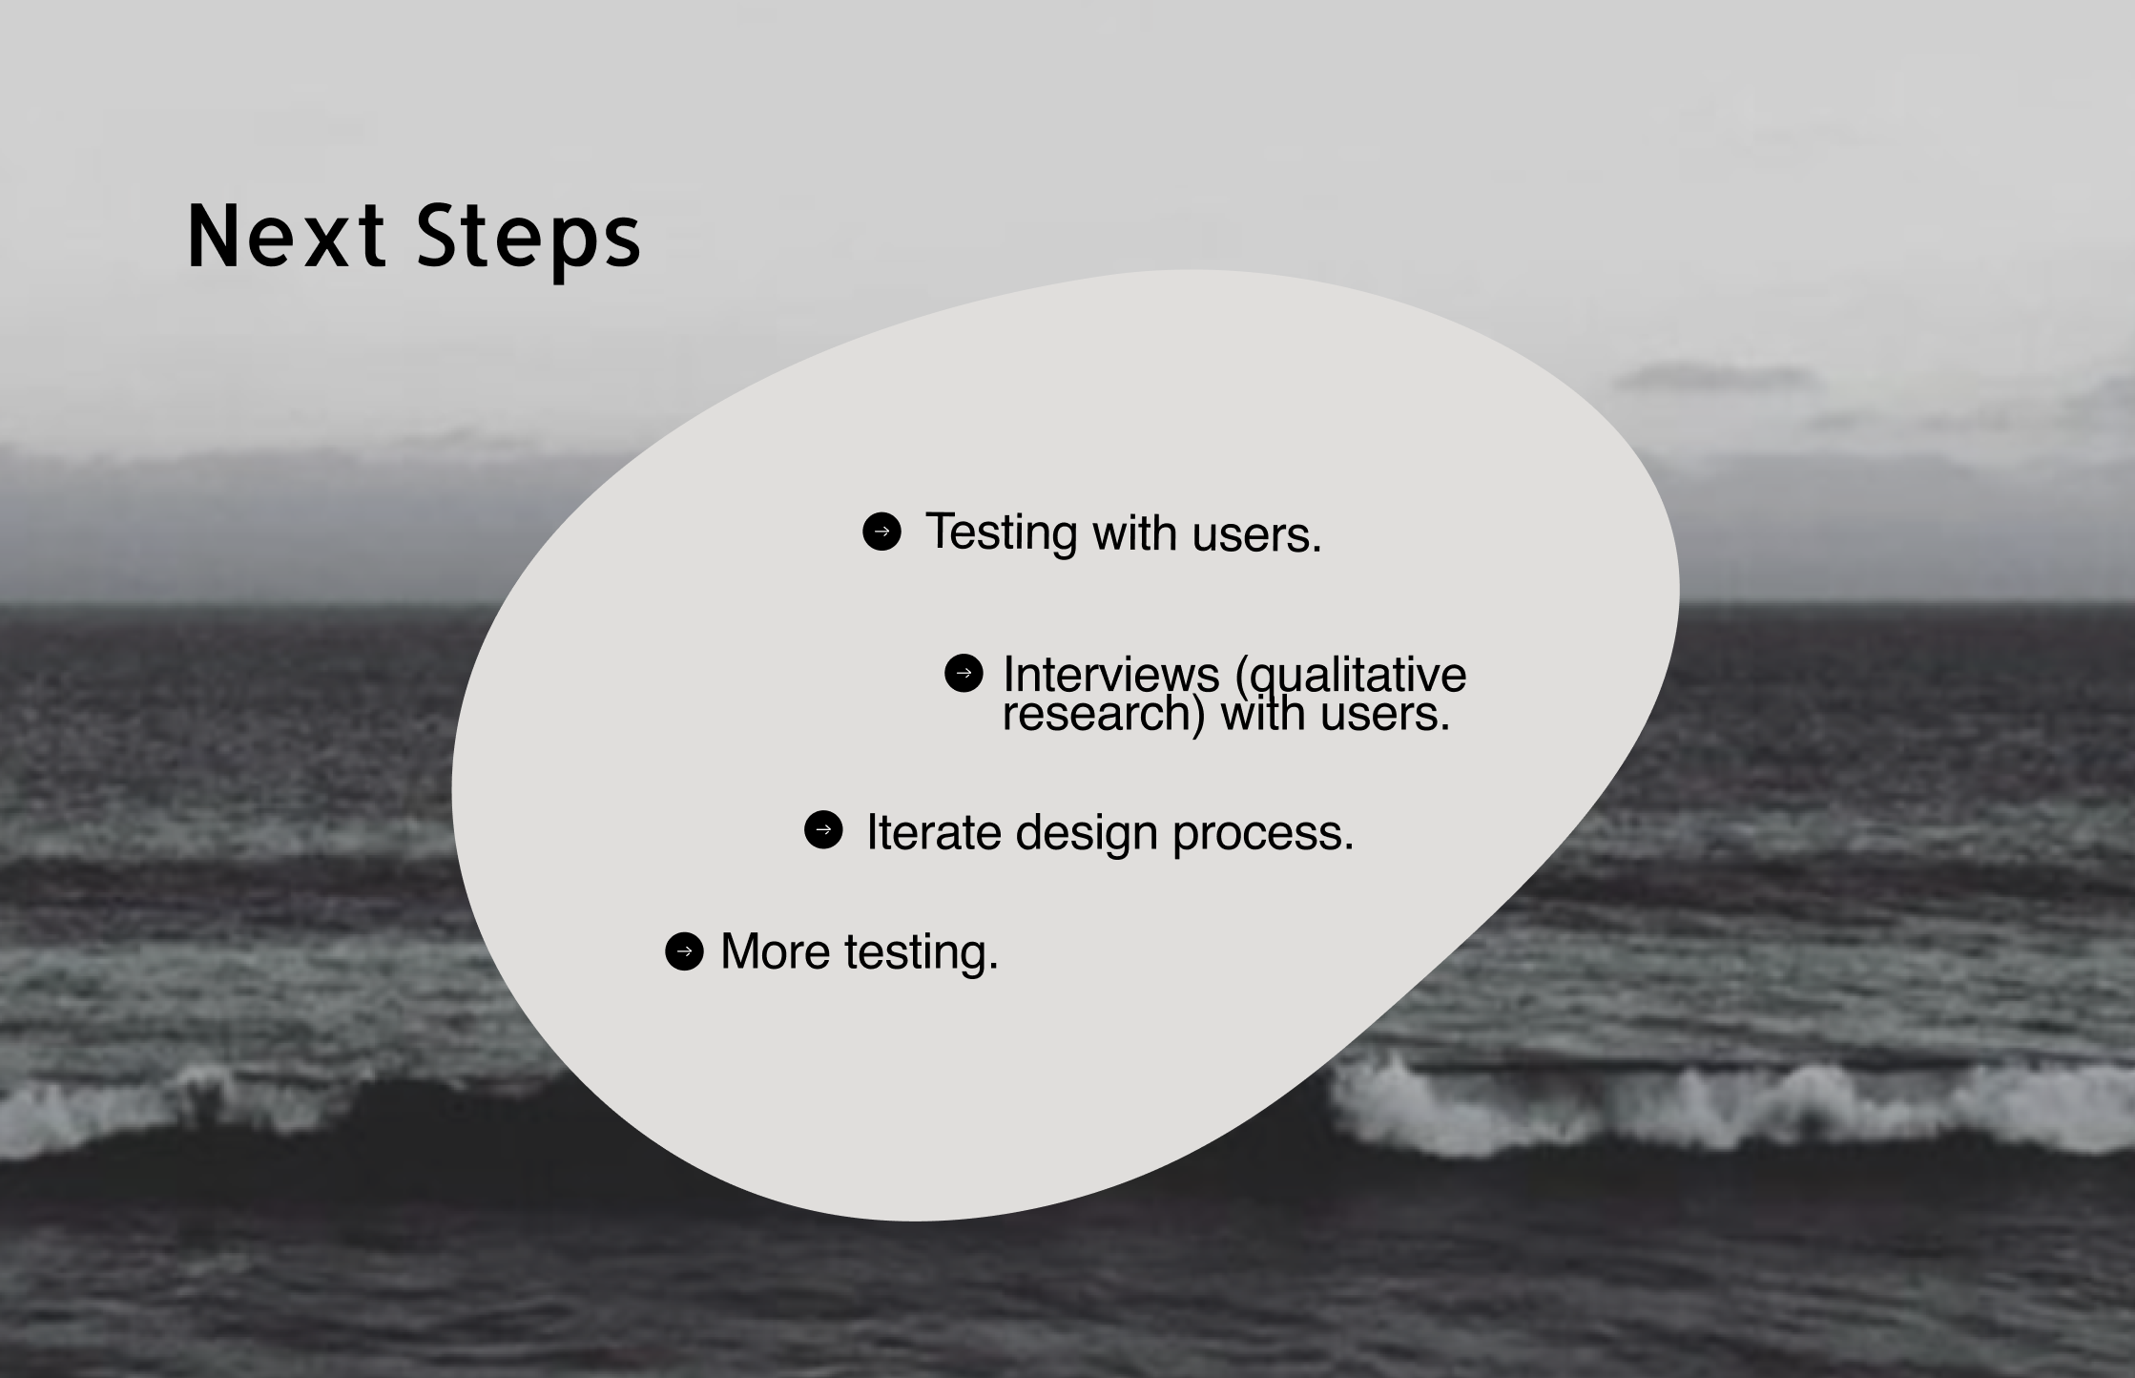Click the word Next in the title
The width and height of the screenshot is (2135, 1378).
coord(286,236)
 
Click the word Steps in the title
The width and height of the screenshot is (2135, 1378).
coord(529,239)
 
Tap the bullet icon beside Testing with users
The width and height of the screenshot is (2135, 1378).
coord(881,532)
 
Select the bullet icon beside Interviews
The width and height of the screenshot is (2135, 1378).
coord(964,673)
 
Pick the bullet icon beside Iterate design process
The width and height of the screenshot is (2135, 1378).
coord(823,829)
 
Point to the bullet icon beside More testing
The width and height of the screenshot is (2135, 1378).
coord(684,951)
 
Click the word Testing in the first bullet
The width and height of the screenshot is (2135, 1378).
coord(1001,532)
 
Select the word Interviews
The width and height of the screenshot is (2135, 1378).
coord(1110,675)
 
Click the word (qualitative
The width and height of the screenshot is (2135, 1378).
coord(1350,675)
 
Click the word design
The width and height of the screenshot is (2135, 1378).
coord(1086,833)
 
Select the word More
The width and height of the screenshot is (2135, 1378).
coord(775,951)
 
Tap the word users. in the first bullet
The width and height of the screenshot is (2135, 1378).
coord(1256,534)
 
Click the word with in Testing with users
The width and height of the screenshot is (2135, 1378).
coord(1134,533)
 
